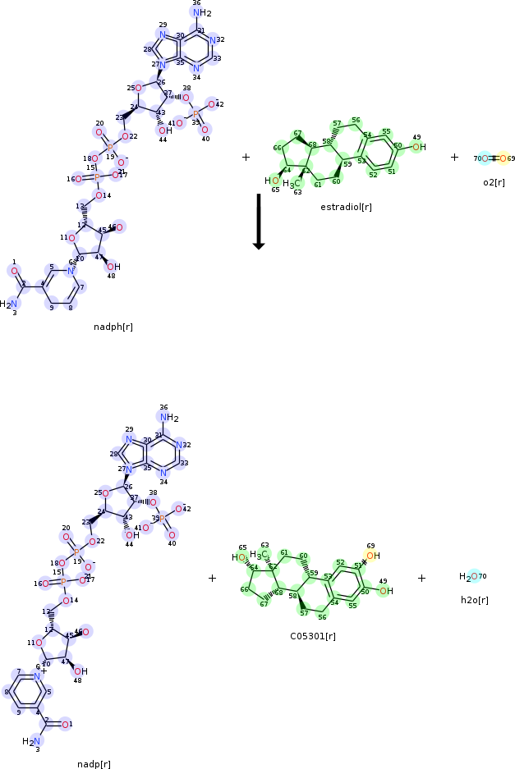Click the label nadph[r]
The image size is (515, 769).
point(113,327)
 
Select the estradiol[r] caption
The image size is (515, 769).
point(346,207)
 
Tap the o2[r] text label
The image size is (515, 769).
point(494,181)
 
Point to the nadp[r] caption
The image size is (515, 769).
point(94,763)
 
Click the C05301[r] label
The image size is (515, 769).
point(313,635)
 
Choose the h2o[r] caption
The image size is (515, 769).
point(474,600)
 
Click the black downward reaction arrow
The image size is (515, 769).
point(258,222)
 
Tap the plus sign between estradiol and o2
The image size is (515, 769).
point(454,157)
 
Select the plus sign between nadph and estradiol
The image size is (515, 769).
point(246,157)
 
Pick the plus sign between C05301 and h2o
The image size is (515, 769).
point(421,578)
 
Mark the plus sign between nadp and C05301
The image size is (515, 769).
point(212,578)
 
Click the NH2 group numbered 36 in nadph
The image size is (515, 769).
point(202,12)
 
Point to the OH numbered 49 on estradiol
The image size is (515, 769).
point(418,147)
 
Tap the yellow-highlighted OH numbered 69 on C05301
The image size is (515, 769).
point(372,556)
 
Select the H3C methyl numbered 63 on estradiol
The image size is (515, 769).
point(290,184)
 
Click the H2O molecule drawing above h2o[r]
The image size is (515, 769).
point(469,577)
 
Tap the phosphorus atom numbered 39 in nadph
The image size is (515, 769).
point(195,114)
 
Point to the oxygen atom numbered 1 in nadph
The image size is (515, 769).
point(14,270)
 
